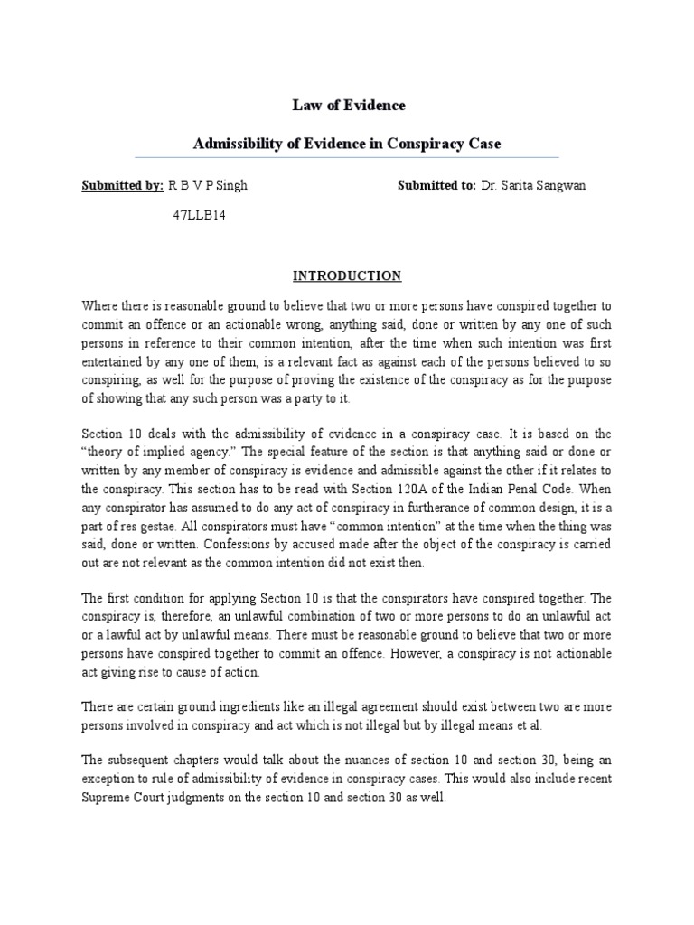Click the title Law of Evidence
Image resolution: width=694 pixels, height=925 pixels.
pos(348,106)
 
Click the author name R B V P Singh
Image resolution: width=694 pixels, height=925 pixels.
pos(208,185)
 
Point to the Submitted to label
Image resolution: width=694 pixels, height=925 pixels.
pos(436,185)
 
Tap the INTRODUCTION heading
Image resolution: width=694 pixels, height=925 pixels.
pos(348,276)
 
